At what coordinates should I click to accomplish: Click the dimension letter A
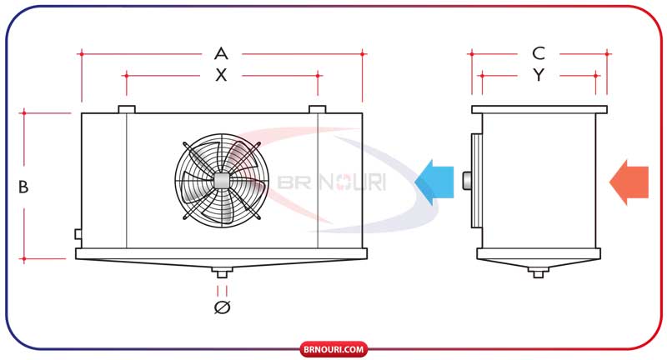pos(221,54)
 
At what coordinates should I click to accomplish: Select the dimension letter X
pos(221,75)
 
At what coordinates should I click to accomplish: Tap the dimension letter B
pos(23,187)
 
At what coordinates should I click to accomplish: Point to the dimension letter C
pos(539,53)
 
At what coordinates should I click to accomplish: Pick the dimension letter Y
pos(539,75)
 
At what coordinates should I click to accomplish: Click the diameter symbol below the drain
pos(222,307)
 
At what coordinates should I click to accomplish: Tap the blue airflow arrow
pos(434,182)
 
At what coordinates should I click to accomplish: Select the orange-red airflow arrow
pos(629,182)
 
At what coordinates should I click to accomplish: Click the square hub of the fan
pos(221,181)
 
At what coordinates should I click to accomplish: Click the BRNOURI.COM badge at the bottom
pos(333,350)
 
